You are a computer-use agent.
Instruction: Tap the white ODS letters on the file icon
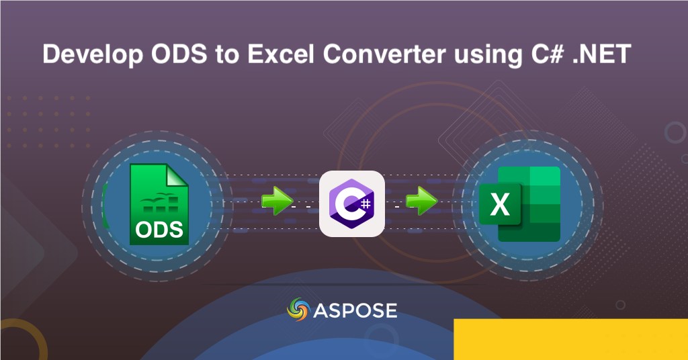(x=159, y=229)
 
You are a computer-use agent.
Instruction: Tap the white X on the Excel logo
(x=500, y=204)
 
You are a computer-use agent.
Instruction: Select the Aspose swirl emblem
(x=298, y=310)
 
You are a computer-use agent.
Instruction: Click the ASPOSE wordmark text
(x=355, y=310)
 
